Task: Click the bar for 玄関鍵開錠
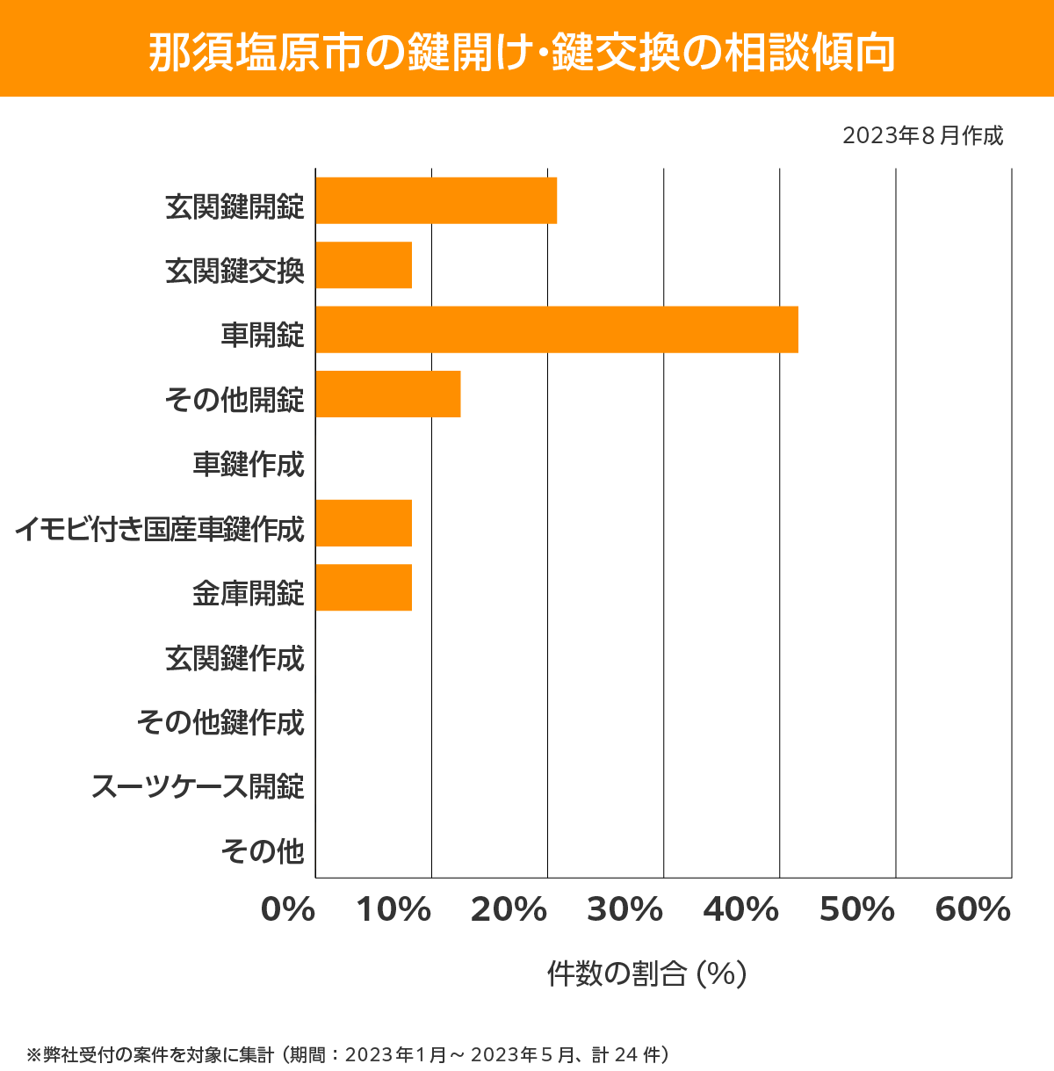pos(436,200)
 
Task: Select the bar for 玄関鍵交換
pos(364,265)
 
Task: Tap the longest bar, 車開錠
pos(557,329)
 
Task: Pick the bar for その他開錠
pos(387,394)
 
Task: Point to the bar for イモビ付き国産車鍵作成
pos(364,523)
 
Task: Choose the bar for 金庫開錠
pos(364,587)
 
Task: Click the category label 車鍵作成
pos(249,464)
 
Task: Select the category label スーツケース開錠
pos(198,786)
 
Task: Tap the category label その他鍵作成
pos(220,722)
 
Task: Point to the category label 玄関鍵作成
pos(235,658)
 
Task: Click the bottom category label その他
pos(263,850)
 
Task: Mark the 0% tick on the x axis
pos(288,910)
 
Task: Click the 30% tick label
pos(624,910)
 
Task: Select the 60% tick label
pos(973,910)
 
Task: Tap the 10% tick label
pos(393,910)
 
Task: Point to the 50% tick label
pos(857,910)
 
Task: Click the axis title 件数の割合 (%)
pos(646,973)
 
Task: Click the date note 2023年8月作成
pos(922,136)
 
